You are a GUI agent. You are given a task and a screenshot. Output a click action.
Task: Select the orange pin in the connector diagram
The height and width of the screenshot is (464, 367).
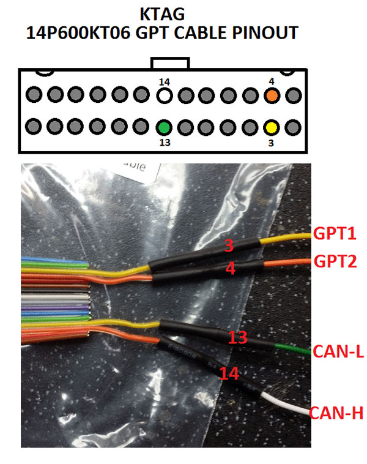272,95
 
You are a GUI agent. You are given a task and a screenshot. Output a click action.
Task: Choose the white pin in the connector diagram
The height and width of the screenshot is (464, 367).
163,95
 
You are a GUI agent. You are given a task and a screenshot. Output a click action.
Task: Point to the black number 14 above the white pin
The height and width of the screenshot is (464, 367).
163,81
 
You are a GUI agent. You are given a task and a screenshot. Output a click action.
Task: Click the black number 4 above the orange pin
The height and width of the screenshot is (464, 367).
272,81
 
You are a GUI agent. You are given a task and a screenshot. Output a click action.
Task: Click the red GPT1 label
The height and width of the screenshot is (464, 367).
335,233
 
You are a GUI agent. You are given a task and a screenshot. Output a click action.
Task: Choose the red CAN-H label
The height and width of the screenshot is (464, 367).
337,414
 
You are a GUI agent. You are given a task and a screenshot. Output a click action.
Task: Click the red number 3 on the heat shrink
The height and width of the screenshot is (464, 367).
229,247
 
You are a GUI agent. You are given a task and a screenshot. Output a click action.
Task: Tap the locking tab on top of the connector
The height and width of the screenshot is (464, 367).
171,63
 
